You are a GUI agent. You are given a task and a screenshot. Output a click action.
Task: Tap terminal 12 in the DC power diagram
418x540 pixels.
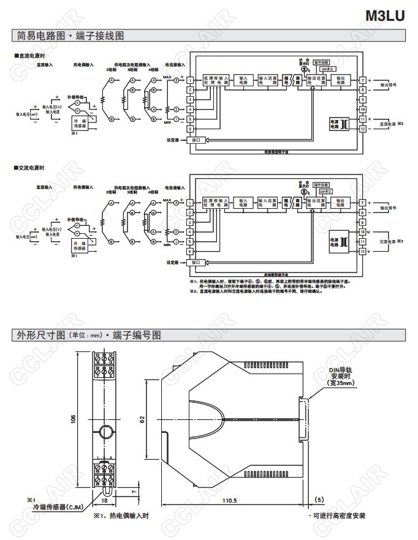[363, 129]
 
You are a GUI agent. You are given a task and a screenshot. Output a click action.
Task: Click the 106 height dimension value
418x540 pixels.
[73, 418]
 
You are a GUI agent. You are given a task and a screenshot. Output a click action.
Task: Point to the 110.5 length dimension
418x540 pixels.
[229, 501]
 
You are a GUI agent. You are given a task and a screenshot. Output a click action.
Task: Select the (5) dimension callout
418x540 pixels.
[319, 501]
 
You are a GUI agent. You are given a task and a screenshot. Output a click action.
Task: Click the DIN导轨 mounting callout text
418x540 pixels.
[340, 370]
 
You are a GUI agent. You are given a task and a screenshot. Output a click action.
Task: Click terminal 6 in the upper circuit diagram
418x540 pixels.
[191, 129]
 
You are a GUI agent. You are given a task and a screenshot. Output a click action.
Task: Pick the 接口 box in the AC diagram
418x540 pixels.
[196, 263]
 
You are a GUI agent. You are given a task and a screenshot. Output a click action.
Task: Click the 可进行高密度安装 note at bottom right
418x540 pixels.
[339, 516]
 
